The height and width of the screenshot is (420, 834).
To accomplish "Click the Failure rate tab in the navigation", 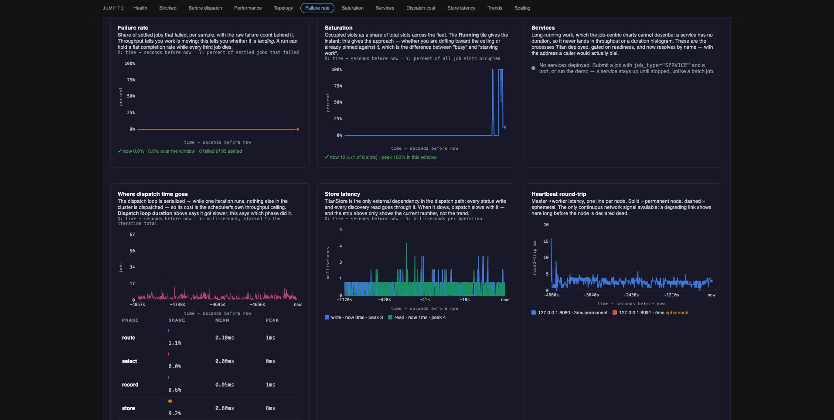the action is pos(317,8).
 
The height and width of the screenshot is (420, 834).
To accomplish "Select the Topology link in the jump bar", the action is pos(283,8).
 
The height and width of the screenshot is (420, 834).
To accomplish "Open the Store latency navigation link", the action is pos(461,8).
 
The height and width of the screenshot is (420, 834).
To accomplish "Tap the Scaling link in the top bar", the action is pos(522,8).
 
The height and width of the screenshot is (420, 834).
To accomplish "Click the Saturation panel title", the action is pos(338,27).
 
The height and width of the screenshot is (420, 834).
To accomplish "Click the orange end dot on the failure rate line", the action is pos(298,129).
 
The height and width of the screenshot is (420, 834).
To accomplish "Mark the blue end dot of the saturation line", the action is pos(505,127).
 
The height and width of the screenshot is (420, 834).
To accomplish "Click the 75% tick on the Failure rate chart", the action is pos(131,80).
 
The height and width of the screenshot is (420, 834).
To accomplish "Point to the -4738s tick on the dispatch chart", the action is pos(177,304).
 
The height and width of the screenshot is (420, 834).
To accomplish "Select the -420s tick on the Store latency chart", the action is pos(384,299).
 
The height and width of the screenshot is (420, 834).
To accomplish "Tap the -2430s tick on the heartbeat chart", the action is pos(631,295).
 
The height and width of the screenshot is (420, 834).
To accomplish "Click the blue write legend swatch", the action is pos(327,317).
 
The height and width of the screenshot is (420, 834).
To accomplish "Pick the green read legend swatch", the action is pos(390,317).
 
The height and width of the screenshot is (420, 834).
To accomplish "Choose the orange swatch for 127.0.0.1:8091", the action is pos(615,312).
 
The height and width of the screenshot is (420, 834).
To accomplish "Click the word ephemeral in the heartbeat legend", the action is pos(677,312).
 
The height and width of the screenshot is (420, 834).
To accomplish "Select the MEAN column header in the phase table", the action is pos(222,320).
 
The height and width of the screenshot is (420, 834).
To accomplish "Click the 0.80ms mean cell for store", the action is pos(225,408).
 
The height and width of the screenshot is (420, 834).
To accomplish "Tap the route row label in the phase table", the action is pos(129,338).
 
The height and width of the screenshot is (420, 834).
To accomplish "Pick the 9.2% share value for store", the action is pos(175,413).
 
